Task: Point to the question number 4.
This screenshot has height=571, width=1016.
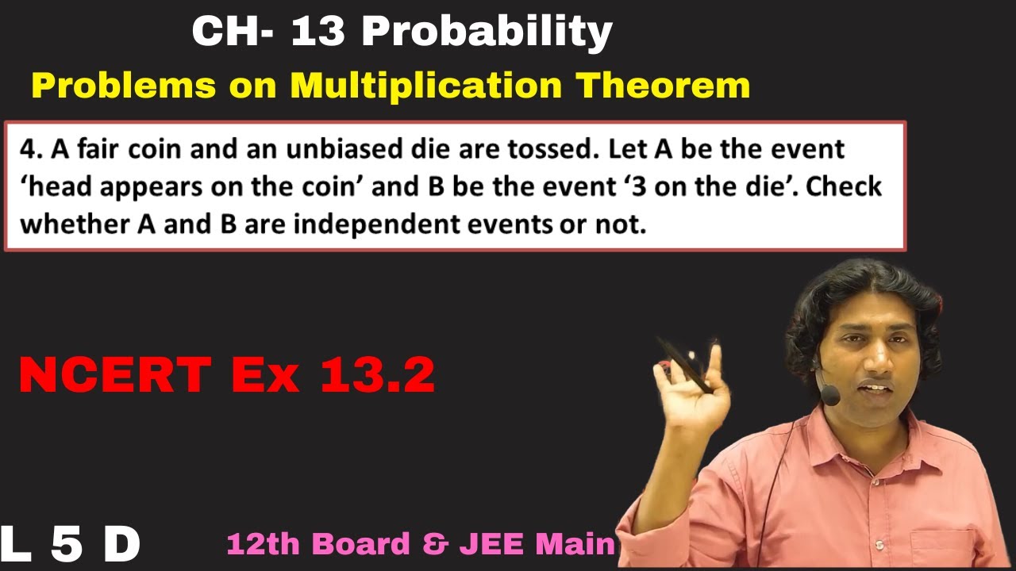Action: (29, 149)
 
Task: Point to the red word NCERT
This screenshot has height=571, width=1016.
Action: (117, 375)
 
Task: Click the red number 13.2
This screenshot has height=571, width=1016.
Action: (377, 375)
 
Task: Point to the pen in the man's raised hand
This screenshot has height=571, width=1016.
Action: (684, 365)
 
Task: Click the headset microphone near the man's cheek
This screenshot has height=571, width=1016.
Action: (829, 394)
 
